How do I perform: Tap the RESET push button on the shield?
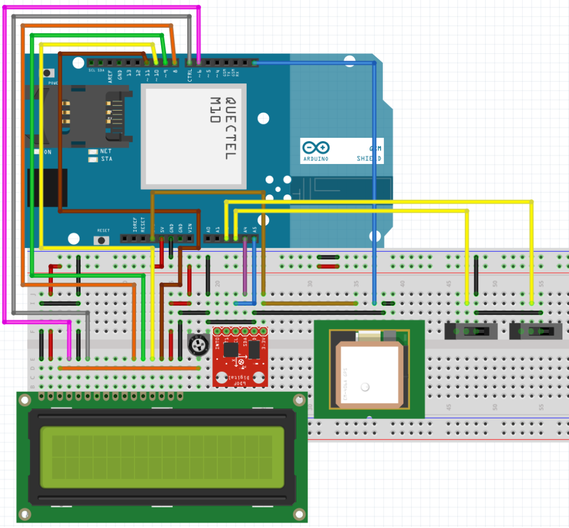coord(103,240)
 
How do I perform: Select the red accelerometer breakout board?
coord(241,356)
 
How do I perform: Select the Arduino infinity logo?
coord(316,148)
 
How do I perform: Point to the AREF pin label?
coord(110,76)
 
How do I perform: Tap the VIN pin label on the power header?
coord(189,227)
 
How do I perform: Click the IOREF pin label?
coord(135,225)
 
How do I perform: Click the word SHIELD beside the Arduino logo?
coord(369,159)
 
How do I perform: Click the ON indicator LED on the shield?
coord(37,152)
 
